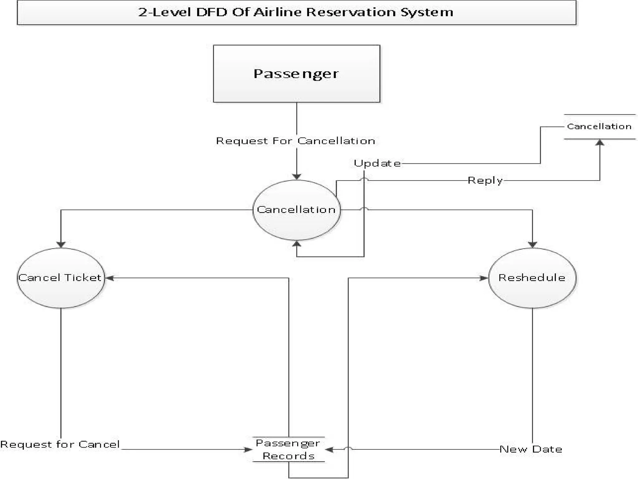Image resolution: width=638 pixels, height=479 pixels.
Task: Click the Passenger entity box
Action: [x=296, y=74]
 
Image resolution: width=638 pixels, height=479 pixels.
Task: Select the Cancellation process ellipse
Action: [x=296, y=210]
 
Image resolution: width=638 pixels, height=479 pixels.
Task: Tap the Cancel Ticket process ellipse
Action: [x=61, y=278]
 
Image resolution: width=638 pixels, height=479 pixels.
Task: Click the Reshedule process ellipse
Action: [x=532, y=278]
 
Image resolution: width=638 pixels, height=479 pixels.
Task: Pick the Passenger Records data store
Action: [x=288, y=449]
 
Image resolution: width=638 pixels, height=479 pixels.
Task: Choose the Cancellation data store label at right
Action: [x=599, y=126]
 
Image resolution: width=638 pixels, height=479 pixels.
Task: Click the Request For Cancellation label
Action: [x=295, y=141]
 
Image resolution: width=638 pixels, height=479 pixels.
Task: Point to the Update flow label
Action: [x=377, y=163]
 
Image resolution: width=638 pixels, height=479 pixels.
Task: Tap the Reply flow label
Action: [x=485, y=181]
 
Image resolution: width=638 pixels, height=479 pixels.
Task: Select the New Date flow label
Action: [x=531, y=449]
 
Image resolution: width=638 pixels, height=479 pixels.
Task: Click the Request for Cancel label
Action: [x=60, y=444]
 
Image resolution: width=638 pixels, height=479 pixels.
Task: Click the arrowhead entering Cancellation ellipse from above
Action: [x=297, y=177]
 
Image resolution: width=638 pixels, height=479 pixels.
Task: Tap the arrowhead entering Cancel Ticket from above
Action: [x=61, y=244]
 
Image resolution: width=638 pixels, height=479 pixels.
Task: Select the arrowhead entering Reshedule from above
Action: [x=532, y=244]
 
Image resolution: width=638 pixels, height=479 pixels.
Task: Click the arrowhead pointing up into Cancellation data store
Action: [x=600, y=143]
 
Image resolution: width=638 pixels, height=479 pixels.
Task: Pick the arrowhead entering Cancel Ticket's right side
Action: [x=109, y=278]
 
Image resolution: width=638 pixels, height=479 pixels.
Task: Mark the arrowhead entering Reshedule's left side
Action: [x=483, y=278]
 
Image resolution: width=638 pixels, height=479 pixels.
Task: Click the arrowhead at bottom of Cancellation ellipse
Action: [x=297, y=244]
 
